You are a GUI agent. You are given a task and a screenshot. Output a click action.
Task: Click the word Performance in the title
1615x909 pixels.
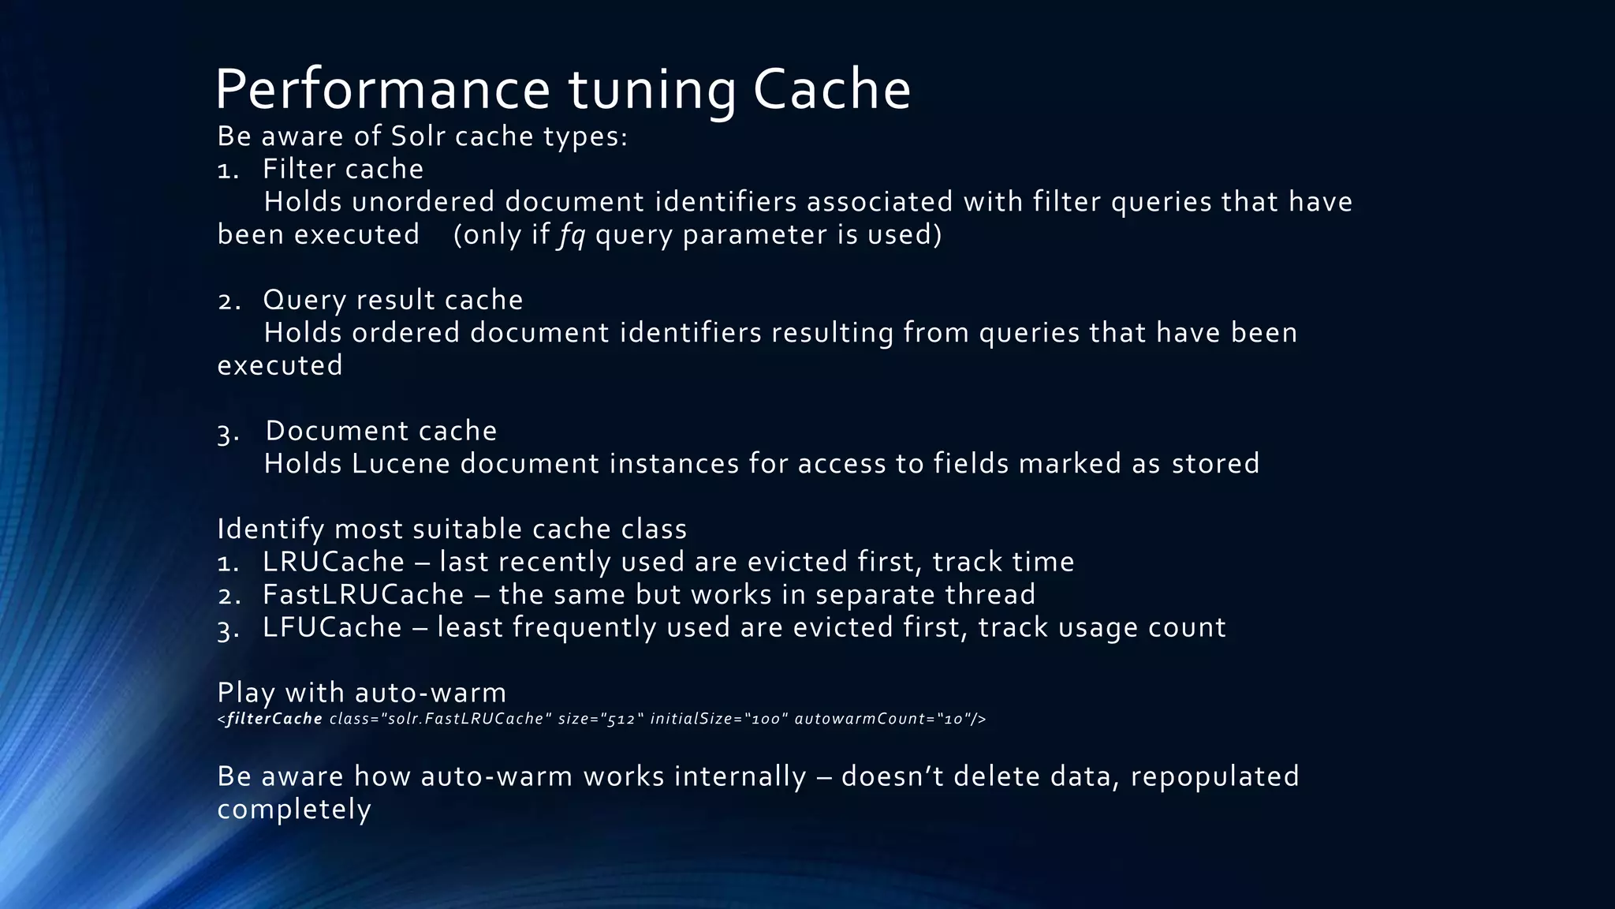pyautogui.click(x=382, y=89)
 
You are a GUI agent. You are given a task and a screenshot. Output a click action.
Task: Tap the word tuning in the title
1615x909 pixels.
pyautogui.click(x=652, y=89)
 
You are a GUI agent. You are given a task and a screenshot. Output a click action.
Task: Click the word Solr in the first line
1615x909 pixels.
pyautogui.click(x=419, y=137)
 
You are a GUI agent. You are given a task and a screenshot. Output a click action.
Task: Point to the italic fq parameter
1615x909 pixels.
pyautogui.click(x=572, y=235)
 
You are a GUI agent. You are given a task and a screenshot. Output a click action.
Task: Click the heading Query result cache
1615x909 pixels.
pyautogui.click(x=393, y=301)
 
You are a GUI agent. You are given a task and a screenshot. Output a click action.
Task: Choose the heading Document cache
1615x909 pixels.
pyautogui.click(x=381, y=431)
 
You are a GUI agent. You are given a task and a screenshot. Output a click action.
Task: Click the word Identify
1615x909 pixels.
pyautogui.click(x=270, y=529)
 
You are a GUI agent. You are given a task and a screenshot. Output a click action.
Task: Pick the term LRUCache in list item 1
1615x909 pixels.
pyautogui.click(x=334, y=562)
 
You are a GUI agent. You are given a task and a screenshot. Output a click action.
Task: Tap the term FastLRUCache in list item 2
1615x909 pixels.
pyautogui.click(x=364, y=595)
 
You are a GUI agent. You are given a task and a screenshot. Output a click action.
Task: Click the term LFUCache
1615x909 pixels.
pyautogui.click(x=332, y=627)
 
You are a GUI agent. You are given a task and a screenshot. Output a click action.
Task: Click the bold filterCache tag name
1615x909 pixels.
pyautogui.click(x=274, y=719)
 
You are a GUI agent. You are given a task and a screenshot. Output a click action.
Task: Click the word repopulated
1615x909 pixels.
pyautogui.click(x=1214, y=777)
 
